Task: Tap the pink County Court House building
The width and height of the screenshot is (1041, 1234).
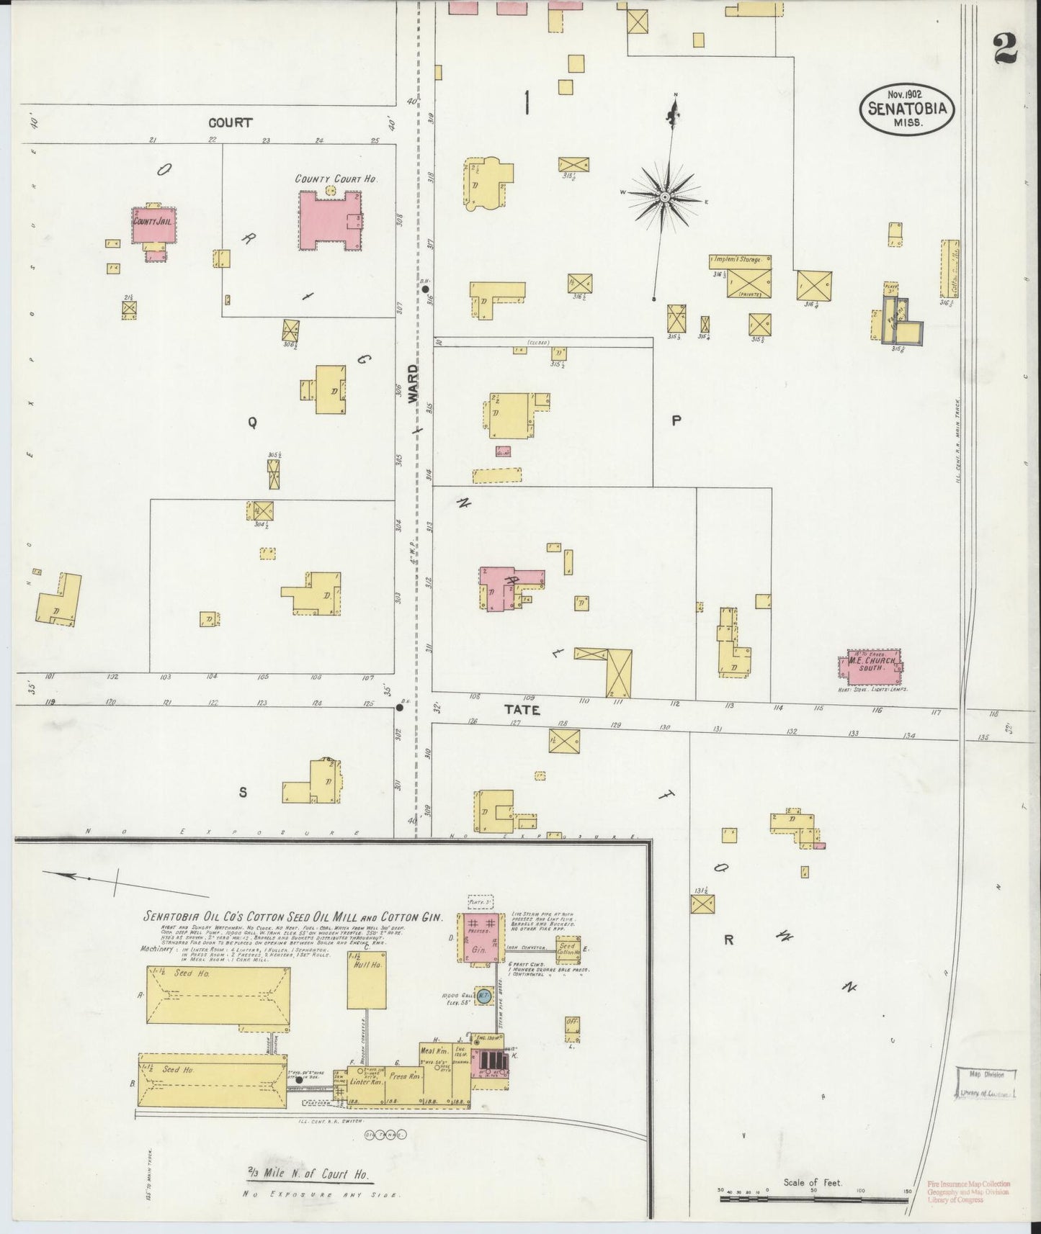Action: point(329,220)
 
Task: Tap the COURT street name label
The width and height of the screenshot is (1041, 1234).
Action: point(231,122)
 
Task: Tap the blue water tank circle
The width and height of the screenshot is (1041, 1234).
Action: point(485,996)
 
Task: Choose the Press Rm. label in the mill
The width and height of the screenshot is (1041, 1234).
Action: point(404,1077)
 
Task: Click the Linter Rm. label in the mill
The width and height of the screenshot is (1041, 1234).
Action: point(367,1082)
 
